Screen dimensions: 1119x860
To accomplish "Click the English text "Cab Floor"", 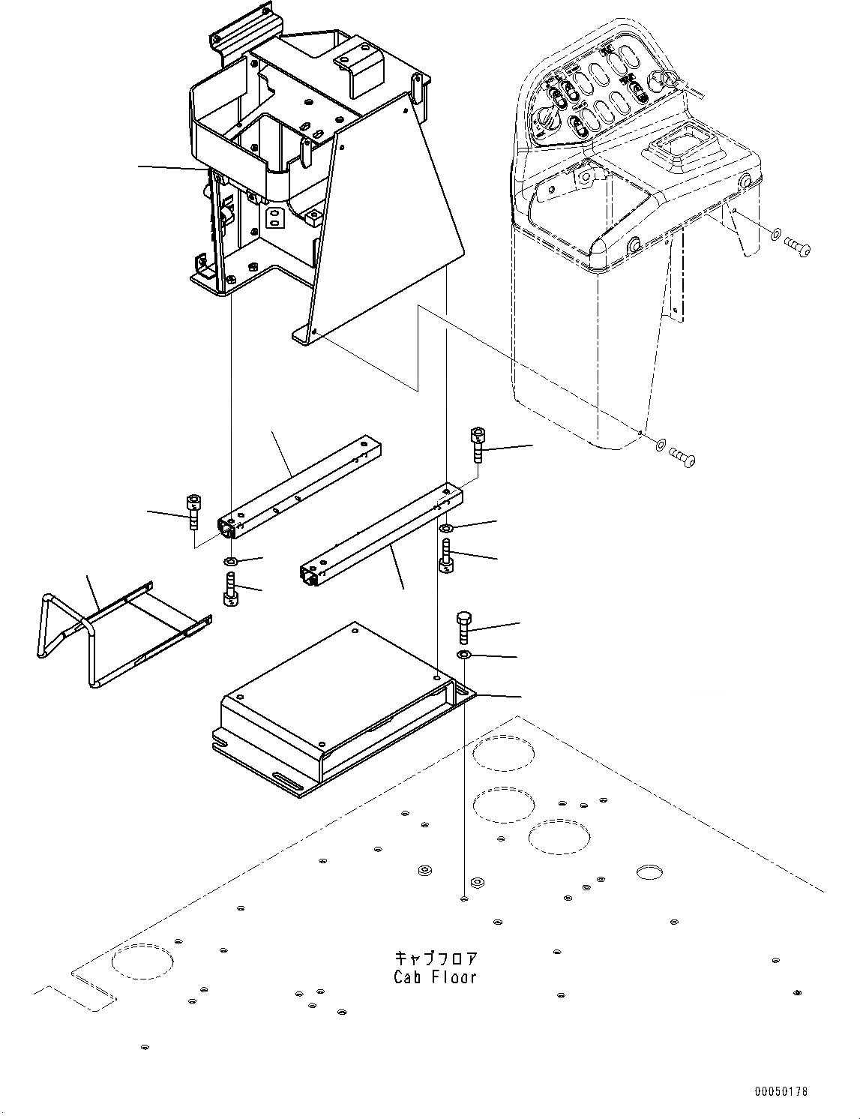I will [435, 977].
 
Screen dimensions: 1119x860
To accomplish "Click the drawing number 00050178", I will [781, 1092].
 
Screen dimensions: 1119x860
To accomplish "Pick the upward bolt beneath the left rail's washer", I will [231, 589].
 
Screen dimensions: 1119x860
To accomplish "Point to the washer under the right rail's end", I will [445, 529].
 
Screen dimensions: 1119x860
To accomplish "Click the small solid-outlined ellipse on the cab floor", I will [650, 871].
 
